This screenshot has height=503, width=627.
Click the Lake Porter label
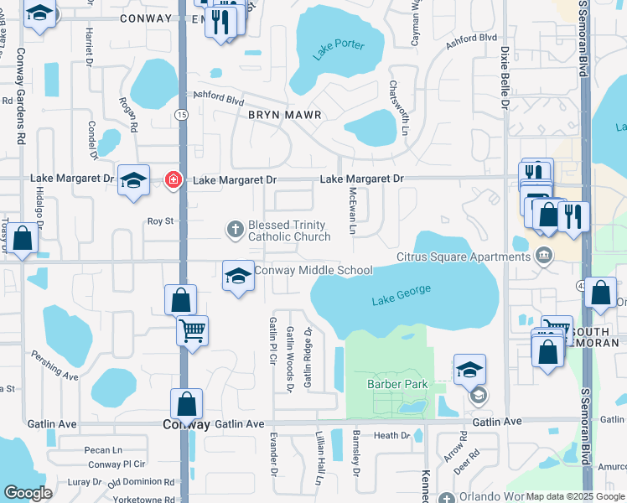[x=339, y=49]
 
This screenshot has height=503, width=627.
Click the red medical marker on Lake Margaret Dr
[x=174, y=179]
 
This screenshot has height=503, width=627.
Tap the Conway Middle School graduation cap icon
[x=238, y=275]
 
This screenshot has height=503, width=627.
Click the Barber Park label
[x=397, y=385]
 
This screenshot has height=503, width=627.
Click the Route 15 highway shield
[x=181, y=114]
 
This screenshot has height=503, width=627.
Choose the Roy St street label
[x=159, y=221]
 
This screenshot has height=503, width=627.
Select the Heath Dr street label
[x=391, y=436]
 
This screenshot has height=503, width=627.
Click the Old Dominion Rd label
[x=141, y=482]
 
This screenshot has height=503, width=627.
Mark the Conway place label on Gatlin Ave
[x=186, y=424]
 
